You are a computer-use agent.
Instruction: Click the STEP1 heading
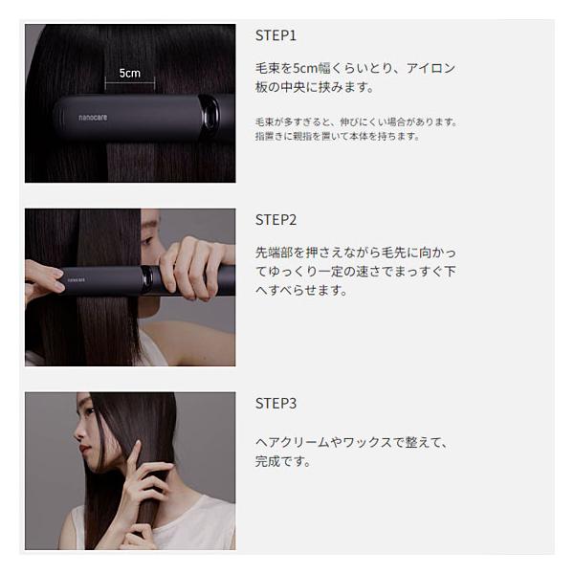[276, 35]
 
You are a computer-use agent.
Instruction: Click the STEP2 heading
[276, 220]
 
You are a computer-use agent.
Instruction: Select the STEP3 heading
[276, 404]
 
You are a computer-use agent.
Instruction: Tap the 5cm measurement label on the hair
[130, 74]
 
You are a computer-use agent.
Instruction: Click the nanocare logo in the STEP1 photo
[93, 118]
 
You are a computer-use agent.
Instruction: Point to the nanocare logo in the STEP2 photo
[77, 280]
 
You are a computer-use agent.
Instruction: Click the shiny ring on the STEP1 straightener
[210, 113]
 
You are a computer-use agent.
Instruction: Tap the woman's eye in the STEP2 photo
[146, 240]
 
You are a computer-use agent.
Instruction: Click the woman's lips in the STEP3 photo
[84, 448]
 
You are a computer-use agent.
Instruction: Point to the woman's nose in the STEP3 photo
[77, 433]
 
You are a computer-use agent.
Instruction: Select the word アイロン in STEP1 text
[430, 68]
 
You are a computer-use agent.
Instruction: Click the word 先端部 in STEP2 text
[275, 253]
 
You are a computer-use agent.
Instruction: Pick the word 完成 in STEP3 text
[268, 461]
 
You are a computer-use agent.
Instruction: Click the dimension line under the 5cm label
[130, 83]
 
